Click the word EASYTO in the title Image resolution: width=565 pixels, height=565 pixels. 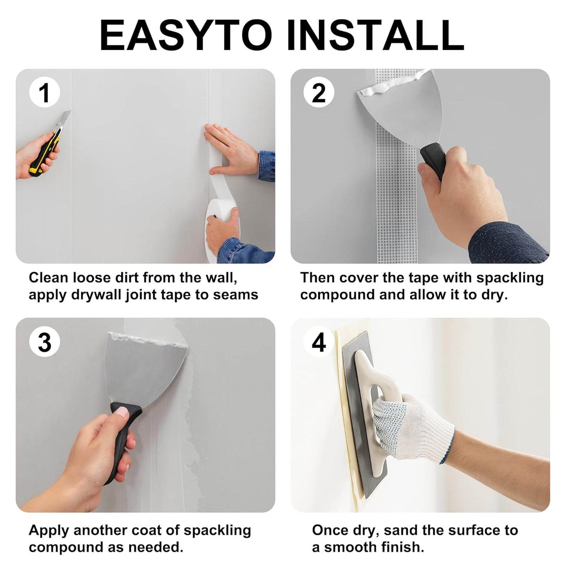(186, 36)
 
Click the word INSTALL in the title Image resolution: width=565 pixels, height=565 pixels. (376, 36)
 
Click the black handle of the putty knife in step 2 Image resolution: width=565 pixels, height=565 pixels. (433, 160)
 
